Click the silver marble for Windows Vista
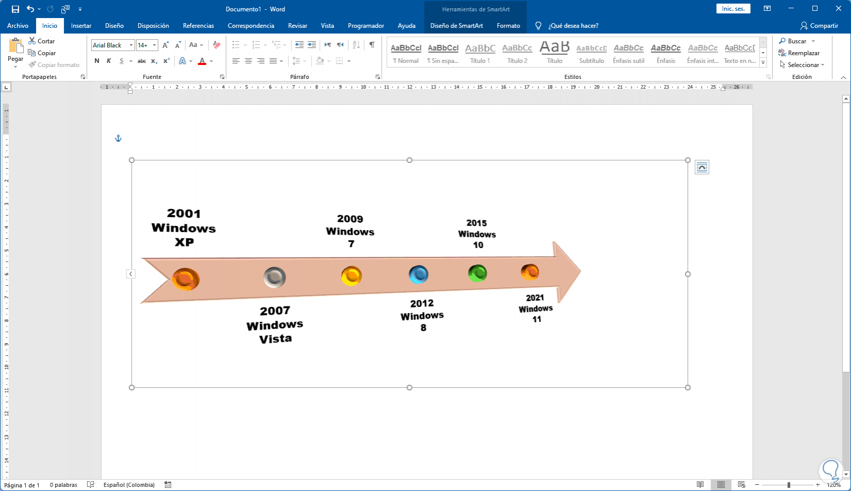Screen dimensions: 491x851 274,277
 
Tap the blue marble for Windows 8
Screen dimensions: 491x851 418,274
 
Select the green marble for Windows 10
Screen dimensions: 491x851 477,273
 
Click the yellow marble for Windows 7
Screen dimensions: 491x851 351,276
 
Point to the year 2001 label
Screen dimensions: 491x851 184,214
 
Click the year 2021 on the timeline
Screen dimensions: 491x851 535,298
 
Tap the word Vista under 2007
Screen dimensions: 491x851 275,339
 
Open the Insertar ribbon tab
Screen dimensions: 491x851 81,26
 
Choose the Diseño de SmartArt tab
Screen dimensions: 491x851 456,26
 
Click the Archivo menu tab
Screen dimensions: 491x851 18,26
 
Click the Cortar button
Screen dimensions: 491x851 42,41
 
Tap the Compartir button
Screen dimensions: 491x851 819,26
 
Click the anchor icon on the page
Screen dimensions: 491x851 118,138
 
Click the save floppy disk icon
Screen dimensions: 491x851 15,9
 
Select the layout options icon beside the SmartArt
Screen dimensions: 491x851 701,167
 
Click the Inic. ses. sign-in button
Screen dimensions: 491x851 733,9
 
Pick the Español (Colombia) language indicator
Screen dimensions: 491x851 129,485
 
